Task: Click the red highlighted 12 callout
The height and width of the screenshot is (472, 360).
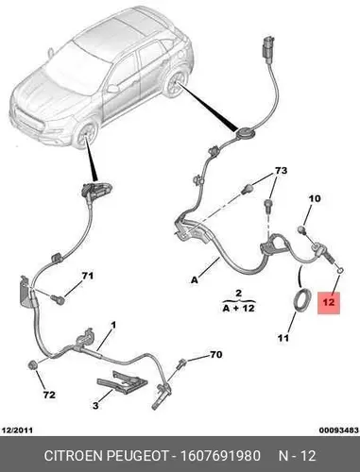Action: [329, 303]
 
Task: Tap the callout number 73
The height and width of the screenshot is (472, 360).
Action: [281, 171]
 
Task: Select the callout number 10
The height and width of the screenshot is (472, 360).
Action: [315, 198]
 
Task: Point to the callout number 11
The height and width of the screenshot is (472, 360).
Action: [283, 338]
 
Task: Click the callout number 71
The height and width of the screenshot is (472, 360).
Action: [88, 276]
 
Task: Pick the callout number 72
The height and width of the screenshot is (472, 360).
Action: [49, 395]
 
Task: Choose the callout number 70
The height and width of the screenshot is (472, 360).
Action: [216, 355]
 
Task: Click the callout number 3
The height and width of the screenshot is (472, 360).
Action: [95, 406]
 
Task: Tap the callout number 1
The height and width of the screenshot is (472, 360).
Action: [113, 325]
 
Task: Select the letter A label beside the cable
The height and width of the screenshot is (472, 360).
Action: [195, 279]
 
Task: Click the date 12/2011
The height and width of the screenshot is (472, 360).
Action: [17, 430]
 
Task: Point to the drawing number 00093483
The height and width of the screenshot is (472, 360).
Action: [339, 430]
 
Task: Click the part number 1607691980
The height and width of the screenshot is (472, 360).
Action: [220, 456]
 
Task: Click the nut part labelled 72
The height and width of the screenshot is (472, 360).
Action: [33, 365]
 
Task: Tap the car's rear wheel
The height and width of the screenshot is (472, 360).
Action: [176, 84]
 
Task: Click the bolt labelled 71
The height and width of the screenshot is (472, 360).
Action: [57, 299]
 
